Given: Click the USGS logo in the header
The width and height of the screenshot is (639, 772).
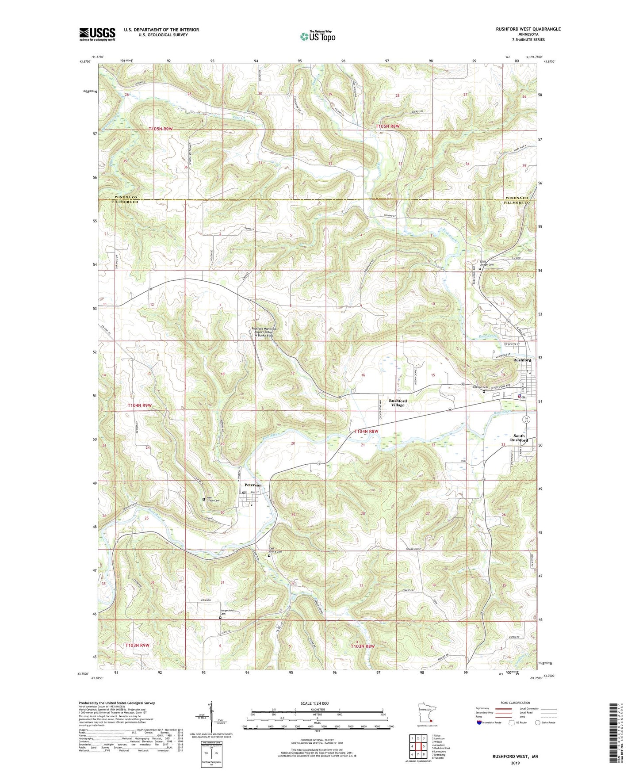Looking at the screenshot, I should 97,34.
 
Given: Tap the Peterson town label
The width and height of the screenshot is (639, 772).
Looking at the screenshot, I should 253,485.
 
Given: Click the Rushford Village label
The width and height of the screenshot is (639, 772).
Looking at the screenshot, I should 398,403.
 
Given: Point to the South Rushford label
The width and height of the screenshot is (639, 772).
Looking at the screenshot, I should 519,438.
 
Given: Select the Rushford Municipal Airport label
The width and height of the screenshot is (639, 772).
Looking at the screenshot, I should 264,332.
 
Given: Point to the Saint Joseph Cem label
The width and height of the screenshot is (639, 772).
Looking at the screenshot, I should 487,263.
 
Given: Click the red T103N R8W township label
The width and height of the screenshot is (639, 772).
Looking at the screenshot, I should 363,646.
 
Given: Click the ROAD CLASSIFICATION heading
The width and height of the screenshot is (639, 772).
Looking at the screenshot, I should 516,703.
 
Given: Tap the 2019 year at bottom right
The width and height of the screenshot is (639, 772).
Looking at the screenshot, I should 515,763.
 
